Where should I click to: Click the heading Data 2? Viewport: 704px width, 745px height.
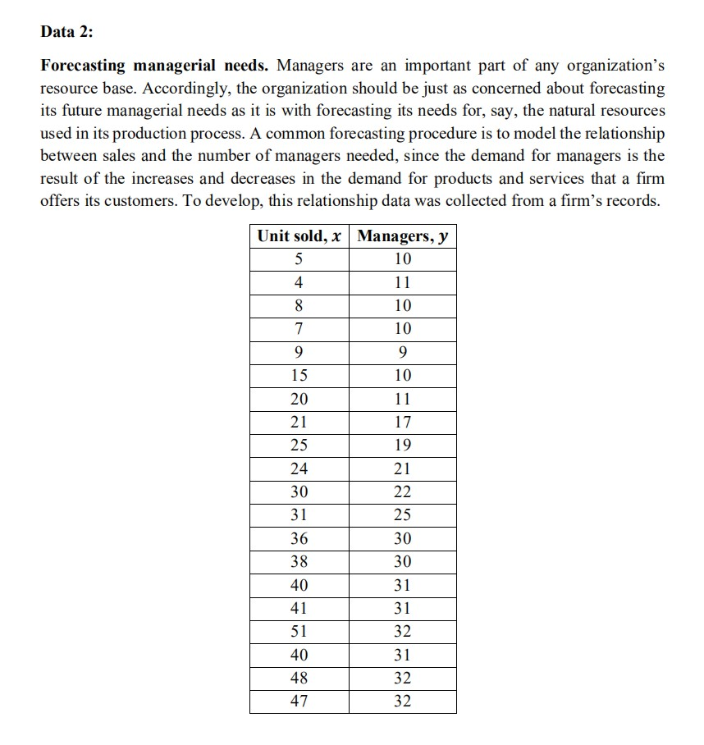click(x=71, y=34)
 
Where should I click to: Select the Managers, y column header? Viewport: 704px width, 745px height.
click(x=403, y=236)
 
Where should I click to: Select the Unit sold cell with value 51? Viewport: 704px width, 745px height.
click(x=299, y=633)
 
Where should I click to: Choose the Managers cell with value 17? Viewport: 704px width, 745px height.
click(x=403, y=423)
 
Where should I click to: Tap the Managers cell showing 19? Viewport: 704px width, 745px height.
click(x=403, y=446)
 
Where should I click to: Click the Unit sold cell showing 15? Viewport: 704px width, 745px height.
click(x=299, y=376)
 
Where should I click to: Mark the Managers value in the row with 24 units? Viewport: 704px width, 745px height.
click(x=403, y=469)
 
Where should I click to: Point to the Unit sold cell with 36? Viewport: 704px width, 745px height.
click(x=299, y=539)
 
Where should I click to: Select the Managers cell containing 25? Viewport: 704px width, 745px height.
click(x=403, y=516)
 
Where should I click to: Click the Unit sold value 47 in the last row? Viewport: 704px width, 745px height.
click(x=299, y=702)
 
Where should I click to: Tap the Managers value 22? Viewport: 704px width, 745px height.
click(x=403, y=492)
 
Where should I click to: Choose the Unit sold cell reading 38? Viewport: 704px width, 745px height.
click(x=299, y=563)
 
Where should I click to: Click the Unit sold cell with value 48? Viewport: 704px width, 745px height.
click(x=299, y=679)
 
